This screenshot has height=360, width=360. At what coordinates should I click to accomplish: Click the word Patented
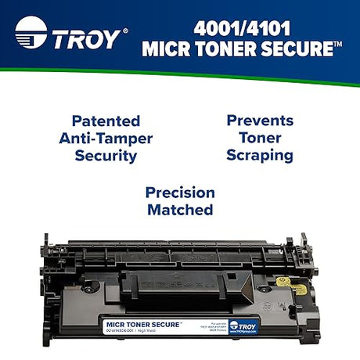(106, 121)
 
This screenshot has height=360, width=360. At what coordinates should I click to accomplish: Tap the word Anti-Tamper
(106, 139)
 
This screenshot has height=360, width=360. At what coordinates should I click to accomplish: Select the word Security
(106, 155)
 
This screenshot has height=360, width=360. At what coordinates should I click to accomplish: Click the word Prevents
(260, 121)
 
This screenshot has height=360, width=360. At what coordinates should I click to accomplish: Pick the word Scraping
(260, 155)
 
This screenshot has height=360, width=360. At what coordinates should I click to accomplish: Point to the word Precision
(179, 193)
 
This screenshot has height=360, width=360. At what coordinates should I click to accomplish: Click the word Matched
(179, 210)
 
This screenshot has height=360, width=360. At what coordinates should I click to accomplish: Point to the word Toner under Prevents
(260, 138)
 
